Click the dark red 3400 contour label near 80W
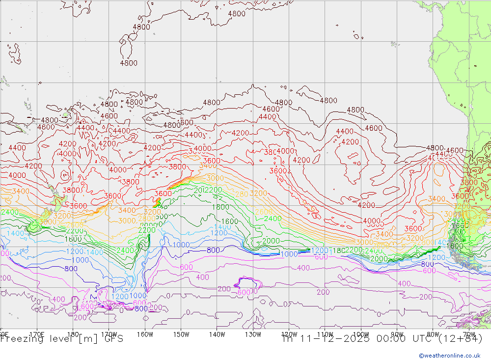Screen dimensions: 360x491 coord(436,199)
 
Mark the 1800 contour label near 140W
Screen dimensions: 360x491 coord(220,207)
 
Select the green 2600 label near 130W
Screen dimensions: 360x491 coord(263,212)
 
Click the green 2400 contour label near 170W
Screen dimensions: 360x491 coord(125,250)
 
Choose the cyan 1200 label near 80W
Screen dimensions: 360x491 coord(436,257)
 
